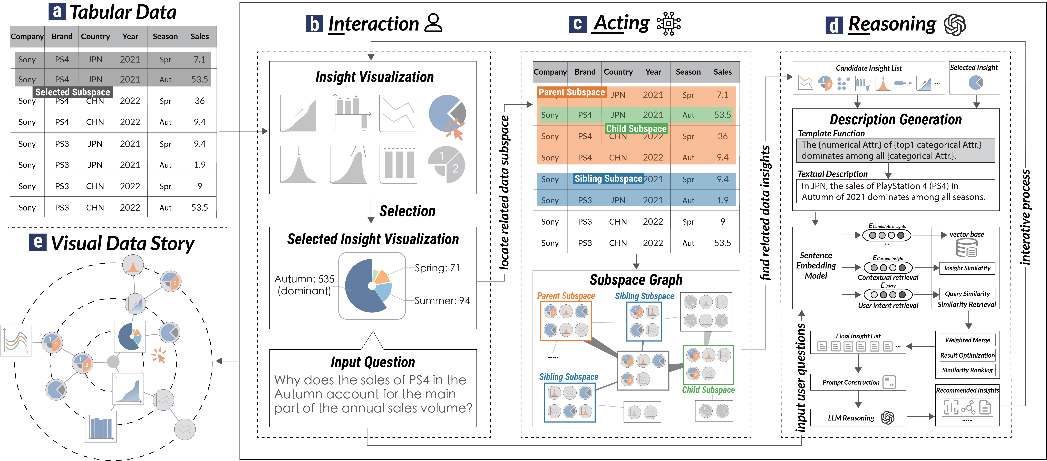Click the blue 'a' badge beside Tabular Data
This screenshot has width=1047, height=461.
click(x=57, y=12)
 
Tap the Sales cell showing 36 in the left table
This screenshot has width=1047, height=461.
click(x=200, y=101)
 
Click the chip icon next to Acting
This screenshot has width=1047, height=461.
click(x=668, y=24)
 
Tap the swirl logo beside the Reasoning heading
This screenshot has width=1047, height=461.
click(x=955, y=25)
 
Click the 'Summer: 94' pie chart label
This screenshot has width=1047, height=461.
click(x=442, y=300)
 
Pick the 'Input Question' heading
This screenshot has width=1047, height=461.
click(x=373, y=362)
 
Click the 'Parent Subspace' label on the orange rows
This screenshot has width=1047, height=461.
click(x=571, y=92)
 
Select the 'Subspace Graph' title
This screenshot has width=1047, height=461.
click(x=636, y=280)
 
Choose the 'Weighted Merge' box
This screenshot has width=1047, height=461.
click(x=967, y=340)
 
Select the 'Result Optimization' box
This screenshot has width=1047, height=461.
click(x=967, y=355)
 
